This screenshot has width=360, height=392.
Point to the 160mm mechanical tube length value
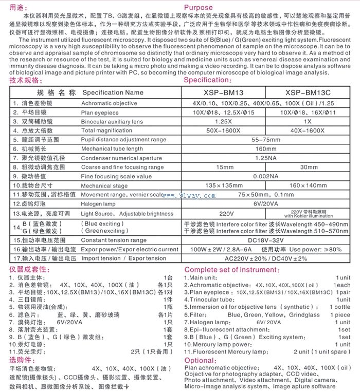[x=266, y=148]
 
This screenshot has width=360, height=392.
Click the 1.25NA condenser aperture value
[x=266, y=158]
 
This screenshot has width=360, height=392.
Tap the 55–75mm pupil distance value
[x=266, y=139]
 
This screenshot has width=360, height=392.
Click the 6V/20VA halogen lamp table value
[x=266, y=203]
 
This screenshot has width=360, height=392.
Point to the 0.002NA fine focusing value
[x=266, y=176]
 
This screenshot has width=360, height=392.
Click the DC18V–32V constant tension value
[x=266, y=240]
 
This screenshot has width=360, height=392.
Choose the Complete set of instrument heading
[x=231, y=270]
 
